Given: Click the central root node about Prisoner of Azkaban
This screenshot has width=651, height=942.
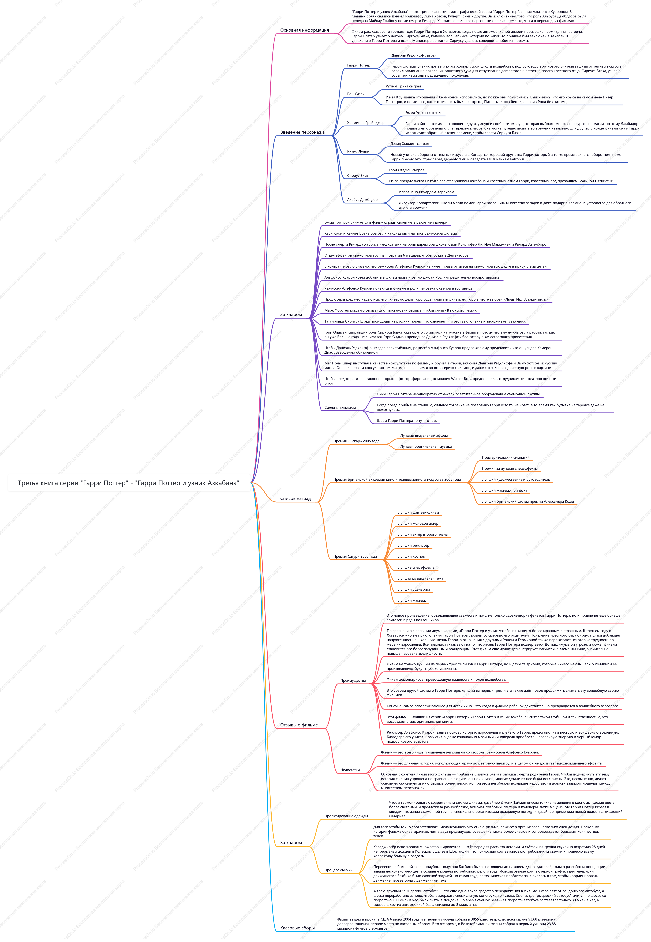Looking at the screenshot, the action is coord(129,483).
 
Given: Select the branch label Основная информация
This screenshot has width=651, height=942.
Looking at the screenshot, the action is coord(304,30).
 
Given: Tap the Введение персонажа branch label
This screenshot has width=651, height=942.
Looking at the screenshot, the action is coord(302,132).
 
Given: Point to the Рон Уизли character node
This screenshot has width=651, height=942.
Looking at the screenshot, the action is coord(356,94).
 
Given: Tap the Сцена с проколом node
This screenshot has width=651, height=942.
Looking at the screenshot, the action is coord(340,407).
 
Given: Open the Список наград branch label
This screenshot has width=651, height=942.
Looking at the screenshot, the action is coord(295,498).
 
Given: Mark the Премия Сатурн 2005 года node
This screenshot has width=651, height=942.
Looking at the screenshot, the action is coord(355,556).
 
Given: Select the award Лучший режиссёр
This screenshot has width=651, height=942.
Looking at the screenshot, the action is coord(414,545).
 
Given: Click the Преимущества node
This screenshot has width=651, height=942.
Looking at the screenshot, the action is coord(353,680).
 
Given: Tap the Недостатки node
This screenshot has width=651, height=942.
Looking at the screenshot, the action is coord(350,770).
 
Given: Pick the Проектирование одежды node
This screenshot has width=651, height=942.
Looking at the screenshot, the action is coord(346,816).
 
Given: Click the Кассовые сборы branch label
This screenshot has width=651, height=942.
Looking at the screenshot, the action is coord(297,928).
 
